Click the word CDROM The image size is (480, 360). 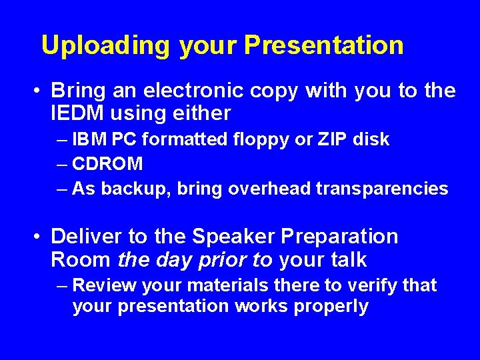pos(107,164)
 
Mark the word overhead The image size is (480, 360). pos(269,189)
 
